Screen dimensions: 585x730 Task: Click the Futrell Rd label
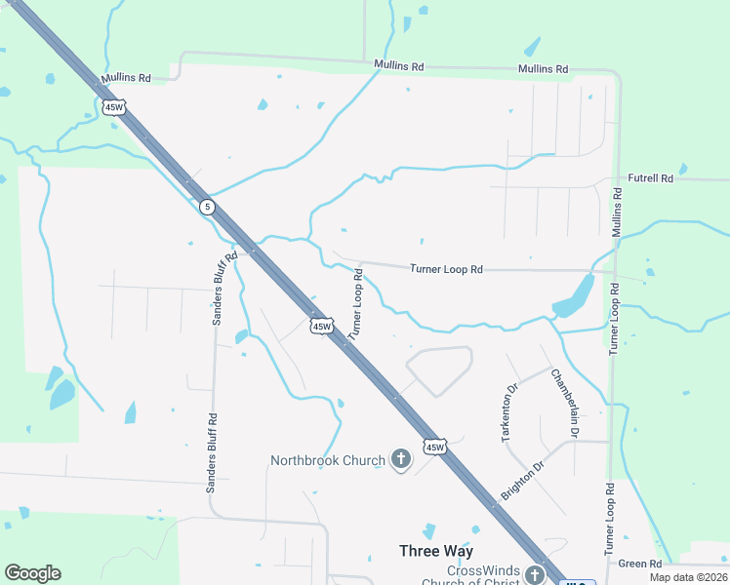coord(651,178)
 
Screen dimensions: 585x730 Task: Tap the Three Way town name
coord(436,551)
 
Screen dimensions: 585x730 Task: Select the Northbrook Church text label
coord(328,459)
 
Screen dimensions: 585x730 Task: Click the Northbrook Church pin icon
coord(400,459)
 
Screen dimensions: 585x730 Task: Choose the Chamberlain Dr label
coord(565,403)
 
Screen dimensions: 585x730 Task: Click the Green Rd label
coord(640,564)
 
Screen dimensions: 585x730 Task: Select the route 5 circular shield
coord(206,207)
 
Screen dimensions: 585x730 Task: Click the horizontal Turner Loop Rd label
coord(447,268)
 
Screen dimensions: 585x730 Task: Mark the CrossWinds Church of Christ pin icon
coord(534,574)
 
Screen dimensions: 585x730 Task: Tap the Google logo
coord(32,573)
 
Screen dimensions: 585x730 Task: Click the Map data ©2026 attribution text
coord(688,577)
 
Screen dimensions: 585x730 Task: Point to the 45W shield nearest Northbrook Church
coord(434,448)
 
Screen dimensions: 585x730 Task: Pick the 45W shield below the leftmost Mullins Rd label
coord(112,107)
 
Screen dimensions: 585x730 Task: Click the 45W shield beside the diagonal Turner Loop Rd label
coord(322,325)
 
